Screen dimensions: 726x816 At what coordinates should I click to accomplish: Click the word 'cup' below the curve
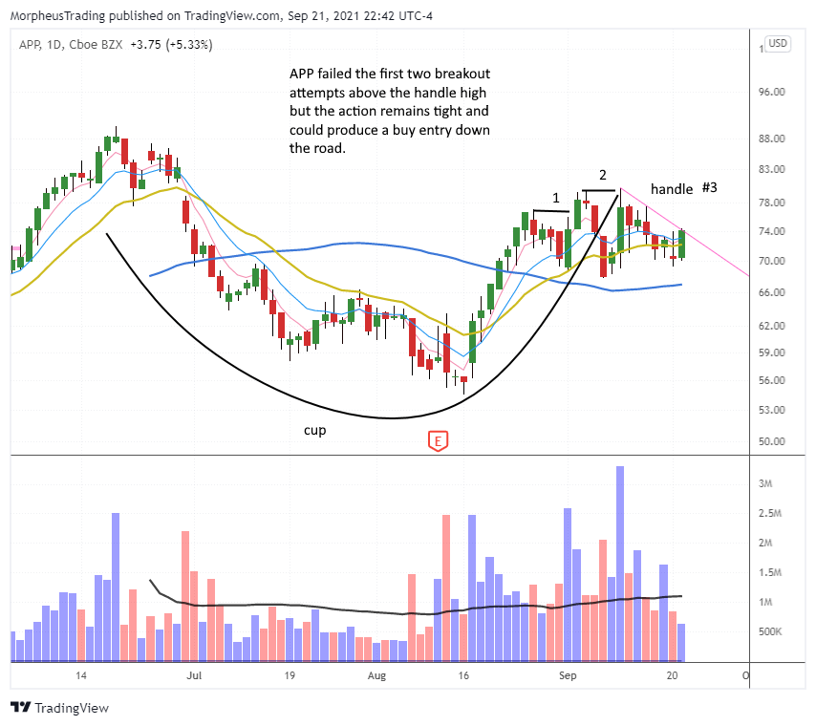point(315,431)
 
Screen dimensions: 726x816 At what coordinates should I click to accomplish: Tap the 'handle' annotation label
point(672,189)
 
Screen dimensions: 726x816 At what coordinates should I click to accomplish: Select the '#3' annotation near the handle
point(710,187)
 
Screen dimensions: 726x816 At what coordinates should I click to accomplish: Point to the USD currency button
point(779,44)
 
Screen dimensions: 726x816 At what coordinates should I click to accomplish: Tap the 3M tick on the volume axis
point(765,484)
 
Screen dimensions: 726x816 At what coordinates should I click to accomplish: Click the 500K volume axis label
point(771,632)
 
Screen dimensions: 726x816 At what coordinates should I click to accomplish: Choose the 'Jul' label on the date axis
point(194,675)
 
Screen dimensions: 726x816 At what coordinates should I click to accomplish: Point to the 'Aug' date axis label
point(377,675)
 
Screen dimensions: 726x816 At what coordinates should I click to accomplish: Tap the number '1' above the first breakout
point(555,198)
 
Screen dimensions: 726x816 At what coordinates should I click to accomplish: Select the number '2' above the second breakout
point(602,176)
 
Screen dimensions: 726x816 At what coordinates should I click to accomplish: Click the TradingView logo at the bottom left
point(60,708)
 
